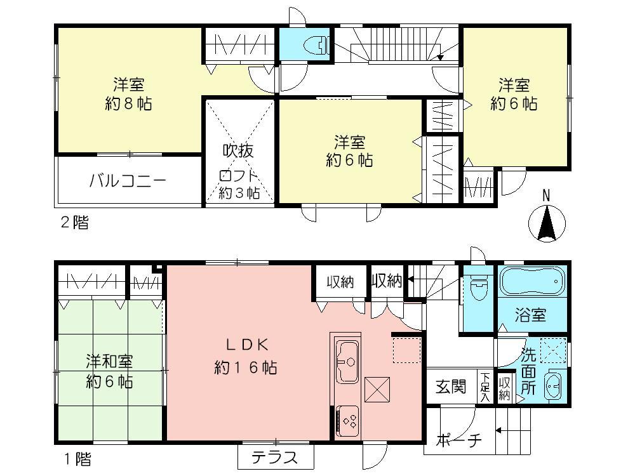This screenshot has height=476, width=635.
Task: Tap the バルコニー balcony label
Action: [x=128, y=180]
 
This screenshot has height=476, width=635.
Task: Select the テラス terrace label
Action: [x=275, y=457]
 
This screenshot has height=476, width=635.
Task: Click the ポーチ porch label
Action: [x=459, y=440]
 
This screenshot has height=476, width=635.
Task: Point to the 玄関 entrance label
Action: [x=451, y=385]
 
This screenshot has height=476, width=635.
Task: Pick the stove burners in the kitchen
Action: [x=349, y=419]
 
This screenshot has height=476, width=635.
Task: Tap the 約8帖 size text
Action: [x=128, y=103]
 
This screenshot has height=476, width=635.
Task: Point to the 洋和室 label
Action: [x=110, y=361]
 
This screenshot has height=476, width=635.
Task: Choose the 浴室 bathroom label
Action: [x=531, y=315]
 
